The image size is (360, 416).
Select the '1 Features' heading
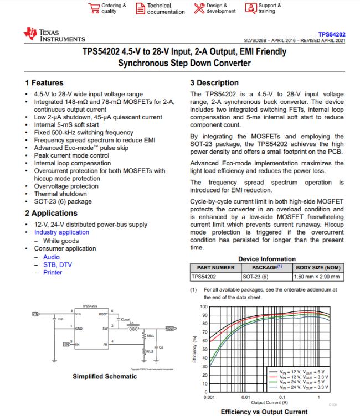tap(44, 83)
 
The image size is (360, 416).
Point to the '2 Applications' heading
tap(51, 213)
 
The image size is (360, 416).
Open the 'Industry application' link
tap(61, 233)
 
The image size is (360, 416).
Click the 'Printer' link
tap(53, 272)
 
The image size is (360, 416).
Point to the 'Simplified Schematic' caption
tap(105, 377)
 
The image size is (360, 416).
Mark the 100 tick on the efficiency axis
tap(203, 306)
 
